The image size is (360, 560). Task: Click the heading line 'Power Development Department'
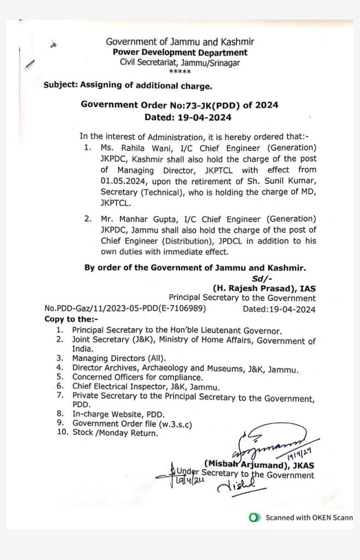pyautogui.click(x=180, y=52)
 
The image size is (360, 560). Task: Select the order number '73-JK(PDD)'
pyautogui.click(x=190, y=104)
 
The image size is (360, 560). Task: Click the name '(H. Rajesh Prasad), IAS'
pyautogui.click(x=264, y=288)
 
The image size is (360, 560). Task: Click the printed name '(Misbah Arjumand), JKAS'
pyautogui.click(x=259, y=465)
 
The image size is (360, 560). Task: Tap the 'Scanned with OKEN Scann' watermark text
pyautogui.click(x=309, y=517)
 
